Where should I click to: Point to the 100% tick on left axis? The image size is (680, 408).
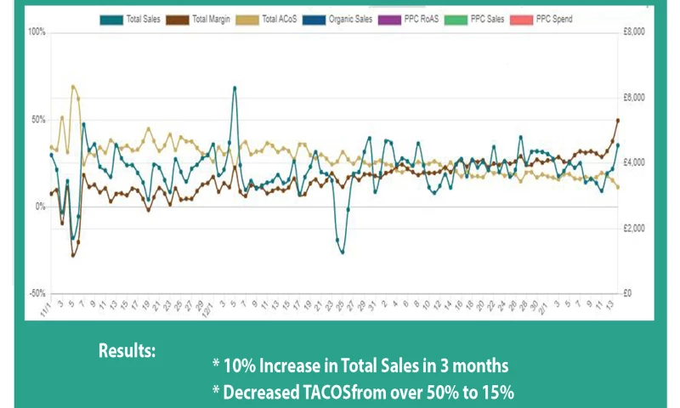point(37,32)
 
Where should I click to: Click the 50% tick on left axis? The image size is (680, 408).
point(37,120)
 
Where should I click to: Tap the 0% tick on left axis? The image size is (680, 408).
point(39,207)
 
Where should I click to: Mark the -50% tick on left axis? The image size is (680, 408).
point(37,293)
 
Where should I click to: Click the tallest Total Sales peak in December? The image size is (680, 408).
point(235,87)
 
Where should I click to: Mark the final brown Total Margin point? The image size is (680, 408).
point(618,121)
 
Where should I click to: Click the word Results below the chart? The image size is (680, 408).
point(127,350)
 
